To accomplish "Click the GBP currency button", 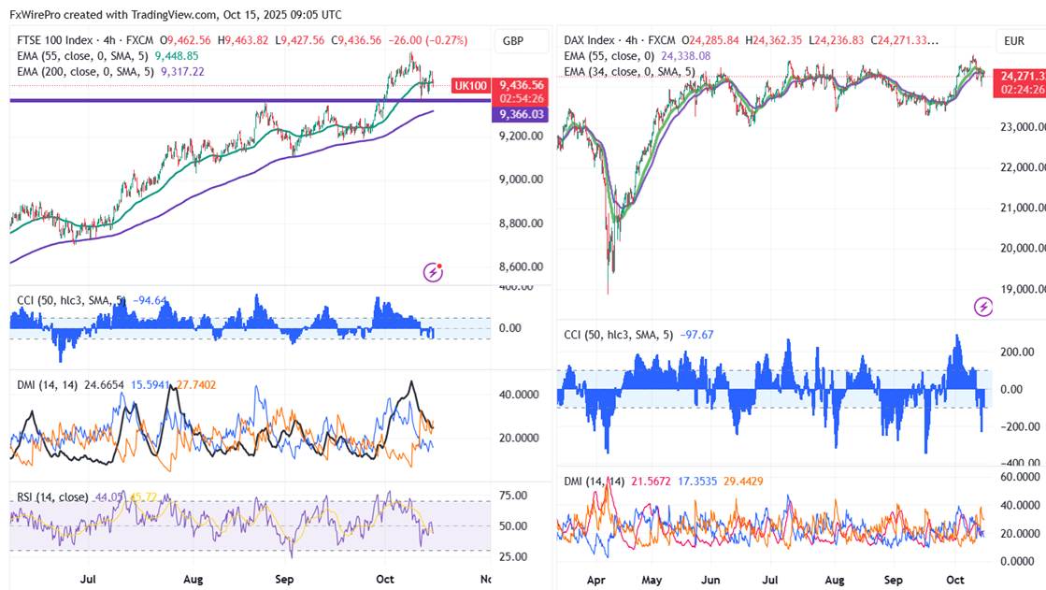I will click(513, 41).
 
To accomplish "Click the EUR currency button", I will click(1014, 41).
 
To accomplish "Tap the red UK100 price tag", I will click(470, 85).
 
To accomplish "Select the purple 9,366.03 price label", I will click(522, 114).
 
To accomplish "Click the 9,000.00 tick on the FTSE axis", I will click(522, 180).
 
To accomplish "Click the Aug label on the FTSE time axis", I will click(193, 580).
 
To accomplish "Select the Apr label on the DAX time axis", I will click(596, 580).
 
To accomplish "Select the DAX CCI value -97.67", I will click(695, 335).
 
